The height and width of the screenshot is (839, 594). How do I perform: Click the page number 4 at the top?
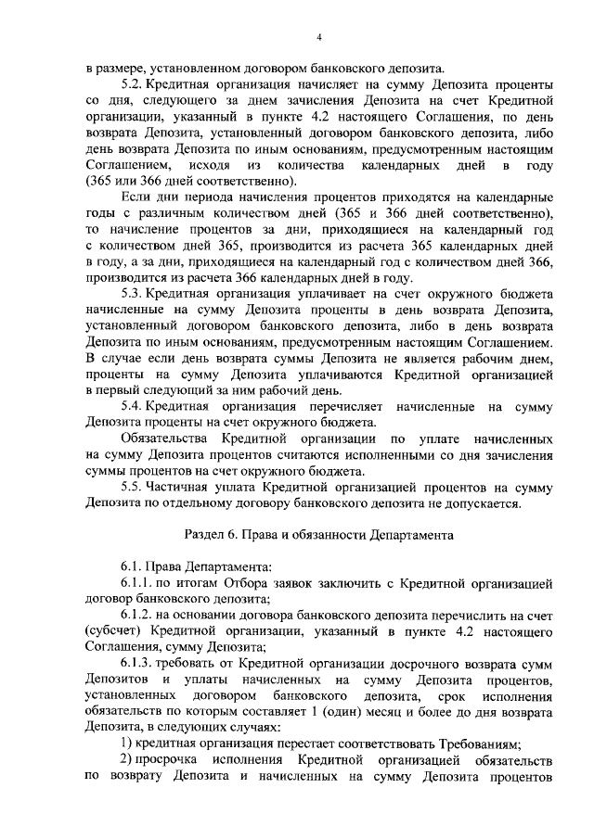(x=318, y=37)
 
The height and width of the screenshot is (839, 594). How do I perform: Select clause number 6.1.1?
(x=136, y=582)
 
